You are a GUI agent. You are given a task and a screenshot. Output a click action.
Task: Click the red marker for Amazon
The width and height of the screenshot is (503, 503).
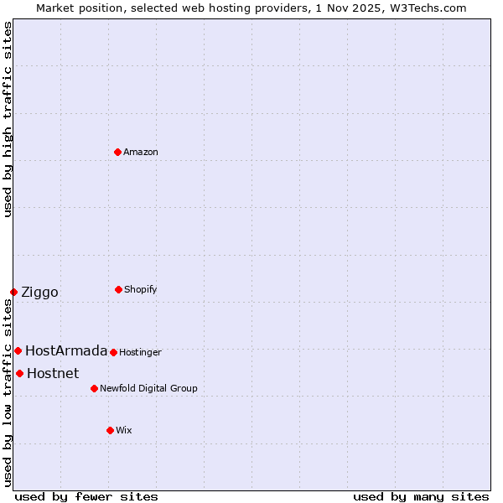pos(118,152)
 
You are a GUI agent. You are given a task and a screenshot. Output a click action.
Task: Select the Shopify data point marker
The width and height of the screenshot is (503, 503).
pos(118,289)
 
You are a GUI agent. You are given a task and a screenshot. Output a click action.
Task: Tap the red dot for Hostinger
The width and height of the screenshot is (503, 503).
pos(113,352)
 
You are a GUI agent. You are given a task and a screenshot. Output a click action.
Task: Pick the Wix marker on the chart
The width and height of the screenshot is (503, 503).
pos(110,430)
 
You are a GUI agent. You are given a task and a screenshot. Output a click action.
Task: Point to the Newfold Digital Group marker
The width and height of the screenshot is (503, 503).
pos(94,388)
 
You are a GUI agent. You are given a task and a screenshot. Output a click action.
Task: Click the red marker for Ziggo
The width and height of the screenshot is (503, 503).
pos(13,292)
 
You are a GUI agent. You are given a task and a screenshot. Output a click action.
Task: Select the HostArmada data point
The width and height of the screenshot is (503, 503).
pos(18,350)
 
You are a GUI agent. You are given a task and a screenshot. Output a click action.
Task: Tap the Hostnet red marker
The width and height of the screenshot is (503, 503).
pos(19,373)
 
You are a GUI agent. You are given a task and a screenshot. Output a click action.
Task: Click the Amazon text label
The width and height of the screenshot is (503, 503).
pos(141,152)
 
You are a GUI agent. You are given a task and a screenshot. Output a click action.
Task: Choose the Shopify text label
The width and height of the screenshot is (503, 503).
pos(141,289)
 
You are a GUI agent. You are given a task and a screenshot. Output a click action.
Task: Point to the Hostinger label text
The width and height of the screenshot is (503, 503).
pos(140,352)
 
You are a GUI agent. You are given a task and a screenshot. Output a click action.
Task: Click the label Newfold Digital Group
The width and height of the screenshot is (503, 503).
pos(148,388)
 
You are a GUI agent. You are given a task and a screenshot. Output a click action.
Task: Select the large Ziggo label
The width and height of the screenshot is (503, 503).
pos(39,292)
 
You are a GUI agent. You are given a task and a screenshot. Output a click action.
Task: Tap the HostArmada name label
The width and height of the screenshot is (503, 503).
pos(66,350)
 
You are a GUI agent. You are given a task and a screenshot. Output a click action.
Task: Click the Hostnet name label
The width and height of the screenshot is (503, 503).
pos(53,373)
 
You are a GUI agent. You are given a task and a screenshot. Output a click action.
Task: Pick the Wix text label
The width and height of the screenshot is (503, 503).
pos(124,430)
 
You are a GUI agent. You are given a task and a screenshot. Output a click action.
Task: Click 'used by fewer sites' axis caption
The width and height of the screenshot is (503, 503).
pos(86,496)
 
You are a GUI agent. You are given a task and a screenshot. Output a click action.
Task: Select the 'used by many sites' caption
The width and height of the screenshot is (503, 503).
pos(421,496)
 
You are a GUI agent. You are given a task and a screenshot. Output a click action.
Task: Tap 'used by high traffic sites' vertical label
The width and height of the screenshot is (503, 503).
pos(8,119)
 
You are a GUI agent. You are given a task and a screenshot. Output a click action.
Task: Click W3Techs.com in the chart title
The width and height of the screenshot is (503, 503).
pos(427,8)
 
